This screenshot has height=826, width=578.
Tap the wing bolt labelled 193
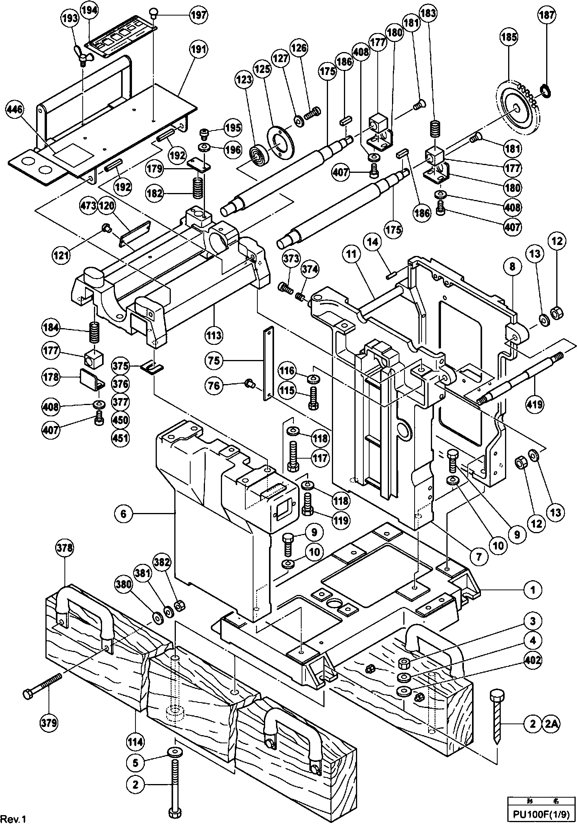click(x=83, y=53)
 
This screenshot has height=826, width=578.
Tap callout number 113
click(x=214, y=335)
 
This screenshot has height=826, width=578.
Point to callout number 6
click(x=123, y=514)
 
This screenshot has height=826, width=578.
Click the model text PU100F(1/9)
click(x=542, y=818)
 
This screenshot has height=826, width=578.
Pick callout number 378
click(x=64, y=548)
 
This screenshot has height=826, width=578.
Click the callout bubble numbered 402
click(x=533, y=660)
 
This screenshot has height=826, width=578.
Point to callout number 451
click(x=120, y=438)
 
